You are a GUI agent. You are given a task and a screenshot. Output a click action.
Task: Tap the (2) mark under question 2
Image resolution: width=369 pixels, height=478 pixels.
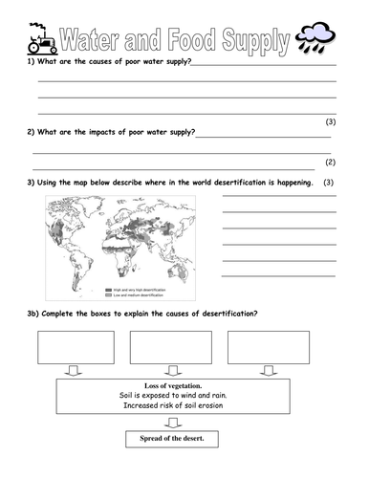point(330,163)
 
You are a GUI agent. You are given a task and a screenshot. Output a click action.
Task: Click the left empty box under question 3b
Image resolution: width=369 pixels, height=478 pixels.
point(76,347)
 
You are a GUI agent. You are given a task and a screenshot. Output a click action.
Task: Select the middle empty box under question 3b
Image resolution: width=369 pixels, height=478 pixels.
point(170,347)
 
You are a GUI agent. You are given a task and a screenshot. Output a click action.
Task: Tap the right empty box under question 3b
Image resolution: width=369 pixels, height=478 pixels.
point(268,347)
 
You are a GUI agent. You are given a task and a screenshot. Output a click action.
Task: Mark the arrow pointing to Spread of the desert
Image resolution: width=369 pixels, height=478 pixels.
point(172,422)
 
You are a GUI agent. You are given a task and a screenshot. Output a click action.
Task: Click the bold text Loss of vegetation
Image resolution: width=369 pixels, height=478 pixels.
point(172,385)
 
